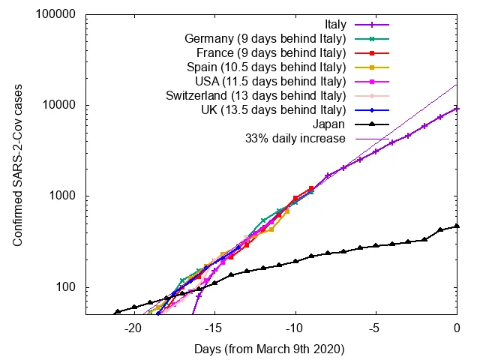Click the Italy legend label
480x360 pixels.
pos(331,25)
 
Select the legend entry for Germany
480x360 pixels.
pos(265,39)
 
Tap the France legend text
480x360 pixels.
pos(271,53)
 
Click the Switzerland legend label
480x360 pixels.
pos(255,96)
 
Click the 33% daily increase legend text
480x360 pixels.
pos(295,139)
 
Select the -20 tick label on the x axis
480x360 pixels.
pos(133,328)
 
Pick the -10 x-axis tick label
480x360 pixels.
pos(295,328)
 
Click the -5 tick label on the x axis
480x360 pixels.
pos(376,328)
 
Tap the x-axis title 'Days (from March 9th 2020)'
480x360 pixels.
pos(271,349)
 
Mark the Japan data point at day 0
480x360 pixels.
pos(457,226)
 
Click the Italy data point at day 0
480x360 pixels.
pos(457,109)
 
